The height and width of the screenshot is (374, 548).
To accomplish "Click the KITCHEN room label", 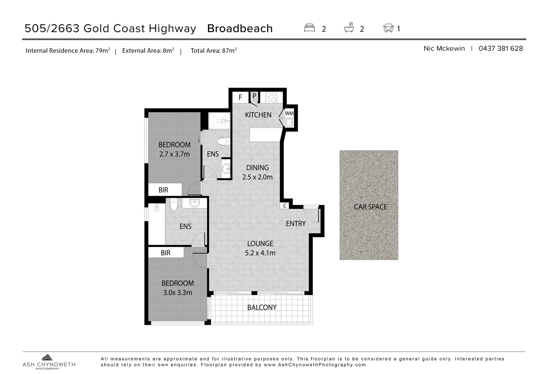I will coord(258,115).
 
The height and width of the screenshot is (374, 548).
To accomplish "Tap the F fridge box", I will coord(240,97).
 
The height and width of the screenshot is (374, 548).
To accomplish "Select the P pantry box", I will coord(254,96).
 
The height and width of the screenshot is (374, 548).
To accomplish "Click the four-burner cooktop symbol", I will coord(271,97).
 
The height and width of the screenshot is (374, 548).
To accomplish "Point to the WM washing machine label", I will coord(289,113).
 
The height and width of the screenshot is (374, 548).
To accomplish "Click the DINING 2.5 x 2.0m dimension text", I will coord(257,177).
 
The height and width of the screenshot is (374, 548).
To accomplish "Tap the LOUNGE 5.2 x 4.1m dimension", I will coord(260,253).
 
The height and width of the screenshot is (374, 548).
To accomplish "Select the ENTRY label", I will coord(296,224).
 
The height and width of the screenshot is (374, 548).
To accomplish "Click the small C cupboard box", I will coord(285,206).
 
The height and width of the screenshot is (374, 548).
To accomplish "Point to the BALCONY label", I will coord(262,308).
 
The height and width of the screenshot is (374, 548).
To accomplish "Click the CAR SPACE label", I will coord(370,207).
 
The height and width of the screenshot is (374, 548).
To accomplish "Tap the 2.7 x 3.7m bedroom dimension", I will coord(174,154).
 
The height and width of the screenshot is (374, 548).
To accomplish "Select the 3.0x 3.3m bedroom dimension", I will coord(178,292).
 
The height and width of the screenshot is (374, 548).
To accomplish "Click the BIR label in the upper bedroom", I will coord(163,190).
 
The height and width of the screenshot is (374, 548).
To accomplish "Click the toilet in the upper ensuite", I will coord(223,142).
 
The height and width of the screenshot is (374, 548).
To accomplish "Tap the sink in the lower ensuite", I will coord(195,203).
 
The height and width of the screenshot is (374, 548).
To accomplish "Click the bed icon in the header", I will coord(309,28).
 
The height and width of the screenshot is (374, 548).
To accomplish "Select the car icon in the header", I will coord(388,28).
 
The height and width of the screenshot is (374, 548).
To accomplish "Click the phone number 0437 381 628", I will coord(501,48).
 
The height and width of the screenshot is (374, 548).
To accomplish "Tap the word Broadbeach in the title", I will coord(240,28).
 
